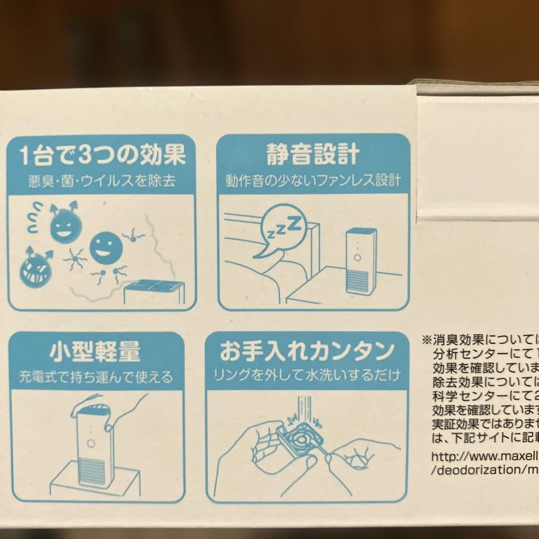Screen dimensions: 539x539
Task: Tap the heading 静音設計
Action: coord(313,155)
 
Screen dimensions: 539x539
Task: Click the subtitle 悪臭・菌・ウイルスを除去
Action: coord(101,181)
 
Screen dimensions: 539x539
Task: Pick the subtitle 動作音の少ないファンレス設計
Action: coord(313,180)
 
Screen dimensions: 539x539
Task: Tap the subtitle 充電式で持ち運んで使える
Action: coord(96,376)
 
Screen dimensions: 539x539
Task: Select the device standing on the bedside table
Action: coord(360,261)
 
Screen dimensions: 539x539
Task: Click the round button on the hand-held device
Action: coord(91,443)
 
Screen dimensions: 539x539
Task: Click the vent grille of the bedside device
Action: coord(359,282)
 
